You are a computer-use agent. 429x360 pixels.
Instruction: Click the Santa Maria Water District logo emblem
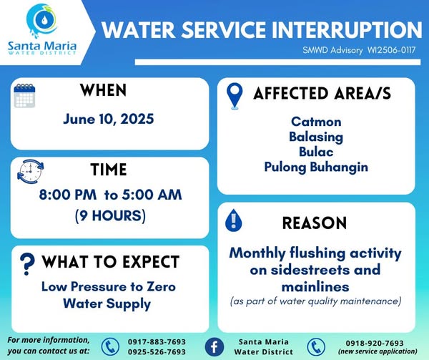(42, 21)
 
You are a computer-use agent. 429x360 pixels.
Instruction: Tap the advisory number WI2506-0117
(392, 50)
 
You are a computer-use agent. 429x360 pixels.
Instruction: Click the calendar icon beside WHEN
(24, 96)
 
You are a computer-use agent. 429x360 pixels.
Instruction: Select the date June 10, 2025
(109, 119)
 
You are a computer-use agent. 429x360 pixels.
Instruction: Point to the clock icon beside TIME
(30, 172)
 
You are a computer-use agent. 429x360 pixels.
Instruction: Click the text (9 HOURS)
(110, 215)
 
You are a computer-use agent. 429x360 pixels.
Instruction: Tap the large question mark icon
(27, 264)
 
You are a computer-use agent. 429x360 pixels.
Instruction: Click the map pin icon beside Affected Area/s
(235, 96)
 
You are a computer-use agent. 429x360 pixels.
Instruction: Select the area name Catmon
(316, 122)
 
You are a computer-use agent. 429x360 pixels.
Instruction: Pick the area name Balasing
(316, 137)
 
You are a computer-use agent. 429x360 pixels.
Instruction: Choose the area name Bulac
(316, 152)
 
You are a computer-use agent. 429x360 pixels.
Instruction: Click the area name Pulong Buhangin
(316, 167)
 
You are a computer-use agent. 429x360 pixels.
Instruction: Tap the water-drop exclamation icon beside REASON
(233, 220)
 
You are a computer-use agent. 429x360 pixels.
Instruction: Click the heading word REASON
(315, 223)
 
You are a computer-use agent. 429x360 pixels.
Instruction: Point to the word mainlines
(315, 287)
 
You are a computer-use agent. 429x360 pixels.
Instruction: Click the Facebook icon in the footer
(214, 347)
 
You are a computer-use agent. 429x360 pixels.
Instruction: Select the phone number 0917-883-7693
(157, 342)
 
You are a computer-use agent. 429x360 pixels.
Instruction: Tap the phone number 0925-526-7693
(157, 352)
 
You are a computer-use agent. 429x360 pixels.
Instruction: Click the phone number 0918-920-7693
(375, 343)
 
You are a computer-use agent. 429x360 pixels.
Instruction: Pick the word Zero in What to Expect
(161, 286)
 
